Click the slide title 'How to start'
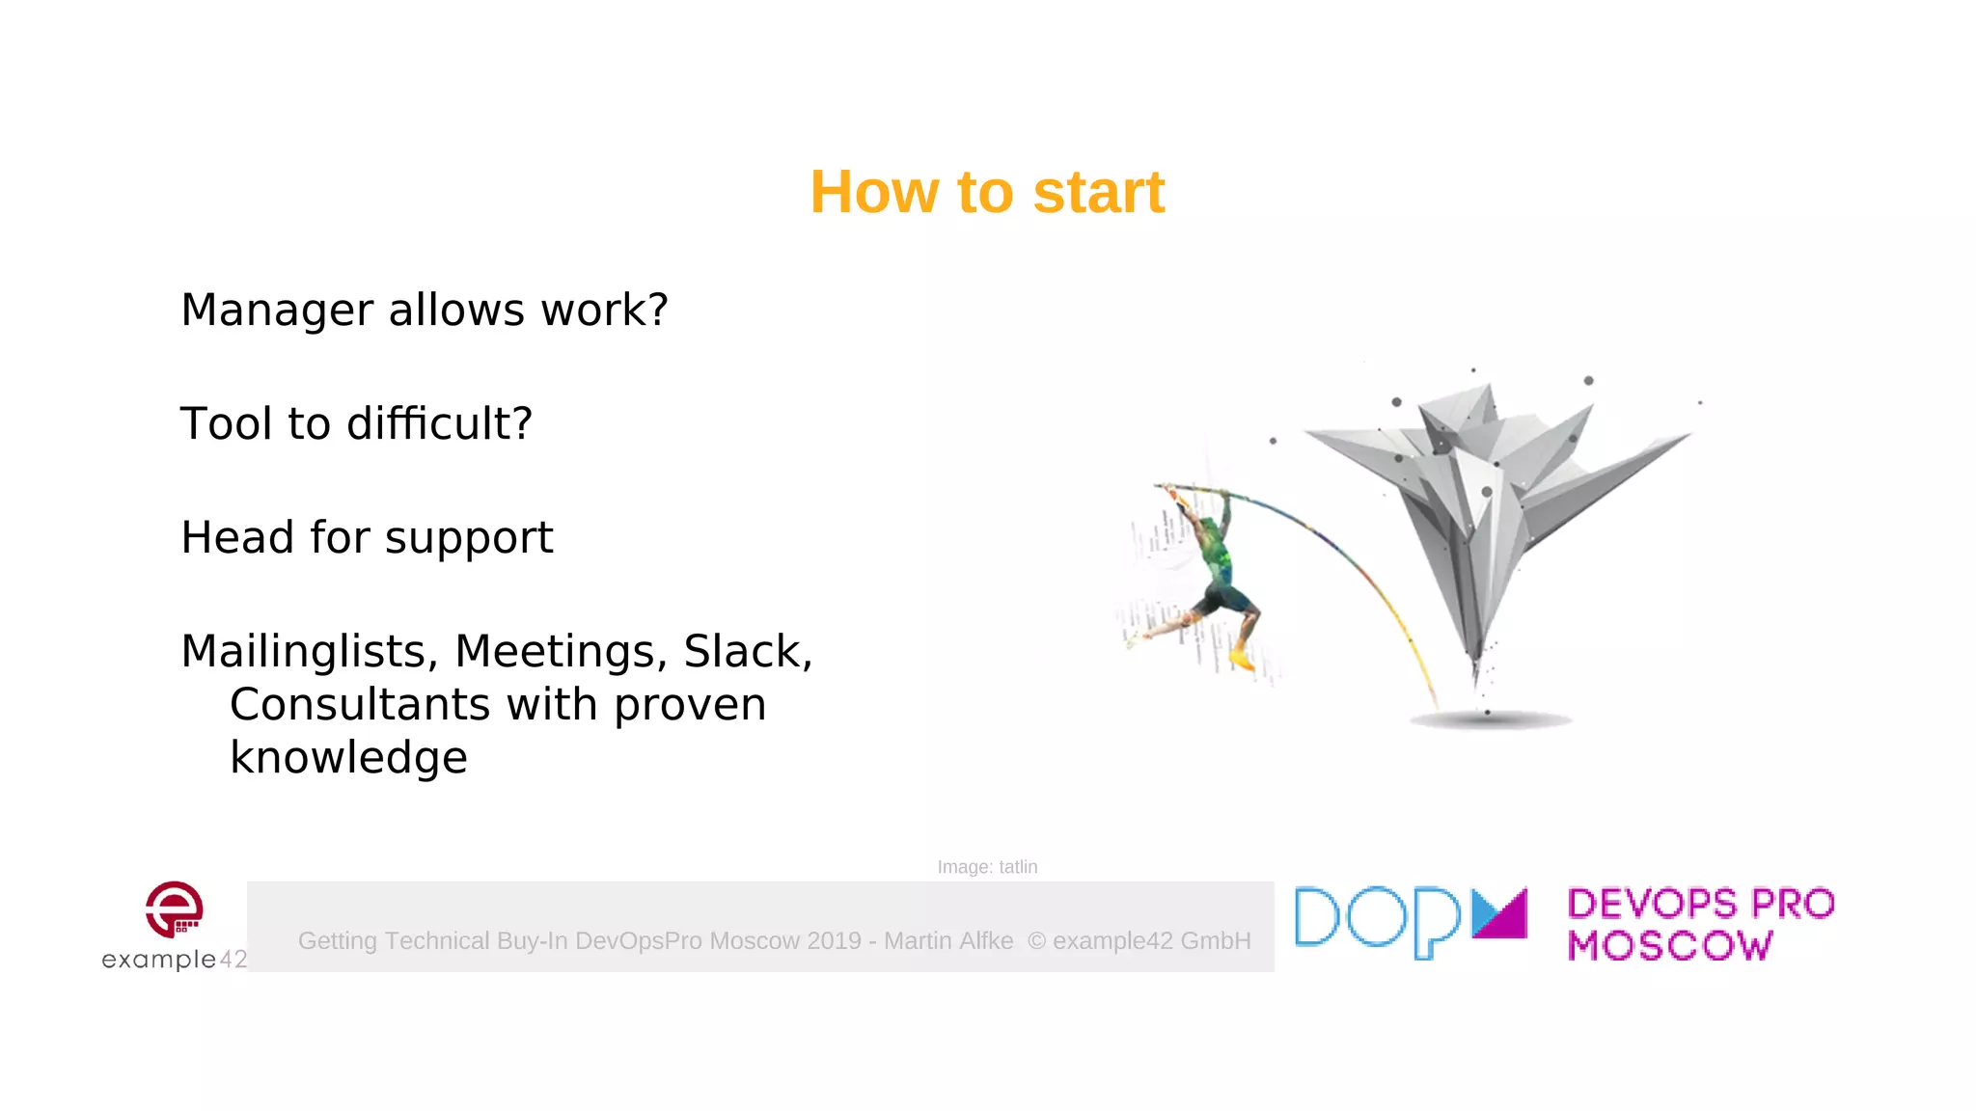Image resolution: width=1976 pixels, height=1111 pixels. tap(987, 192)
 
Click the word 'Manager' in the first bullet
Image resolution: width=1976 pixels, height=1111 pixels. tap(277, 311)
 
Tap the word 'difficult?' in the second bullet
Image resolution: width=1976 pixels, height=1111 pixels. tap(439, 424)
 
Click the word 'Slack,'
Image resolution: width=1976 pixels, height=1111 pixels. tap(748, 652)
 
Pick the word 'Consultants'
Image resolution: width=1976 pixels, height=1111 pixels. tap(359, 705)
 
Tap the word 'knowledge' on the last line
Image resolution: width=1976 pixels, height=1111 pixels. tap(348, 758)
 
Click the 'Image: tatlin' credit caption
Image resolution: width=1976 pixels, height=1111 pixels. tap(987, 867)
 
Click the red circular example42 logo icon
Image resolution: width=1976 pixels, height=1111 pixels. tap(174, 908)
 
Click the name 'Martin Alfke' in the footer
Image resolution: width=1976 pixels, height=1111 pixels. tap(948, 941)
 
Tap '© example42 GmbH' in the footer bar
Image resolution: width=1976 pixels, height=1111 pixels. tap(1139, 941)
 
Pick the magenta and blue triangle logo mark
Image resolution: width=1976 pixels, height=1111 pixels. tap(1499, 913)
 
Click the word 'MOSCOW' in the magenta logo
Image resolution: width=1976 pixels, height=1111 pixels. tap(1669, 946)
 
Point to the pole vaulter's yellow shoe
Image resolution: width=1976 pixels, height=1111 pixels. tap(1242, 662)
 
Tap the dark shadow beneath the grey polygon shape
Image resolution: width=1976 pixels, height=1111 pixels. tap(1491, 719)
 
